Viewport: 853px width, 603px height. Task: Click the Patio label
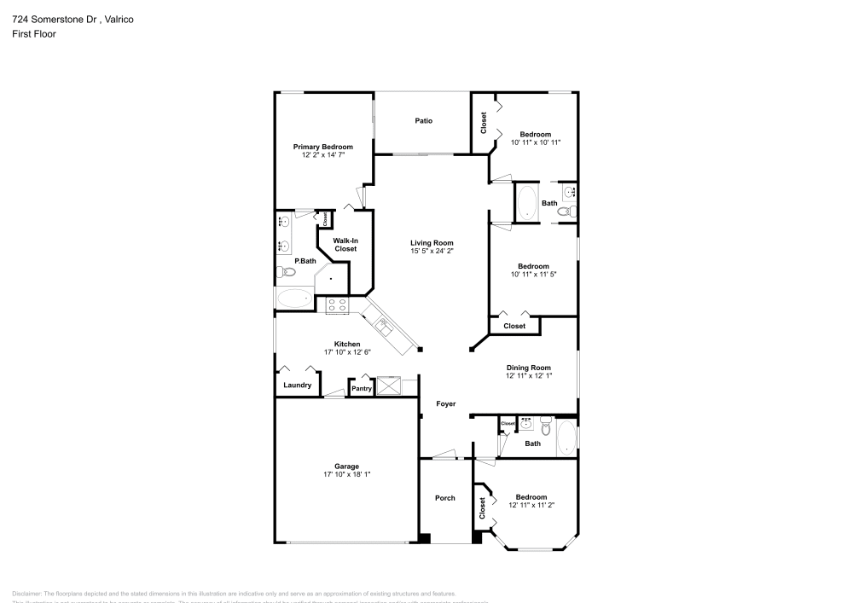coord(423,120)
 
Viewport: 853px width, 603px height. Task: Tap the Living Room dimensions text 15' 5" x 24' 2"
coord(432,251)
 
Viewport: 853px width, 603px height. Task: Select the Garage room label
coord(346,467)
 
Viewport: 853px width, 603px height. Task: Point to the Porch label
coord(444,498)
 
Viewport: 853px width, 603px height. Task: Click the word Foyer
coord(445,404)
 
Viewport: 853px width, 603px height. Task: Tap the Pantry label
coord(362,389)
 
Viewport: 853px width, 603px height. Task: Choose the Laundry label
coord(297,386)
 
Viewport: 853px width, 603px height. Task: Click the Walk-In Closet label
coord(345,245)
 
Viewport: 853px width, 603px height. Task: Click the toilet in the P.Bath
coord(286,272)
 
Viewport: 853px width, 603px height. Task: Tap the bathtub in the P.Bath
coord(295,299)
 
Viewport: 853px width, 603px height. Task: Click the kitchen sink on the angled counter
coord(382,323)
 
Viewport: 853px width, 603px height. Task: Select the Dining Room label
coord(529,368)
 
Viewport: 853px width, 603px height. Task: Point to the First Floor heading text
coord(34,34)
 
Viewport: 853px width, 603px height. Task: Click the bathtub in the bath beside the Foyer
coord(566,438)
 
